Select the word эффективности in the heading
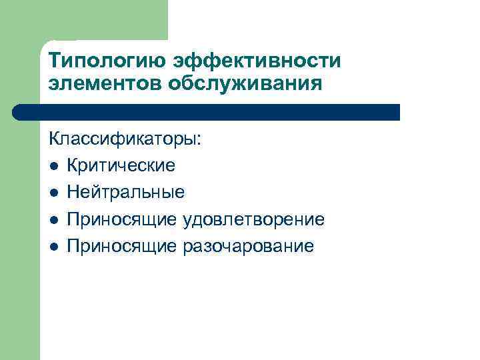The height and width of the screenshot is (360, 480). tap(257, 62)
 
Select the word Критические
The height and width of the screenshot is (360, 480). tap(121, 166)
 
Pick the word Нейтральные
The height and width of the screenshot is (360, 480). tap(125, 193)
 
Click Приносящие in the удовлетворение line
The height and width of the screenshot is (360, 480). tap(121, 219)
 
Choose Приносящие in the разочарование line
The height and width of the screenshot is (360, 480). tap(121, 246)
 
